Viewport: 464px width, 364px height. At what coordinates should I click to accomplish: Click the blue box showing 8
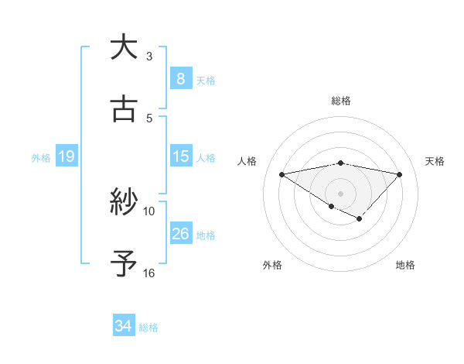click(x=180, y=79)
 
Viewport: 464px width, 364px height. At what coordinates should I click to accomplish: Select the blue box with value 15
click(x=180, y=156)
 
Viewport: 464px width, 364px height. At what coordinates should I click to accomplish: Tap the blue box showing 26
click(x=180, y=234)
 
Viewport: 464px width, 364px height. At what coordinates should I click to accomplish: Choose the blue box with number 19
click(x=66, y=156)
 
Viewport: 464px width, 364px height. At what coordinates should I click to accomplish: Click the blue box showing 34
click(x=123, y=326)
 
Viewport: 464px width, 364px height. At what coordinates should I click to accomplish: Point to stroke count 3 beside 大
click(x=149, y=57)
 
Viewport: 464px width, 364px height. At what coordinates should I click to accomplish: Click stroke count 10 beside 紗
click(x=149, y=211)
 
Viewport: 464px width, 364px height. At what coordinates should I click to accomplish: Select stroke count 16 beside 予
click(x=149, y=273)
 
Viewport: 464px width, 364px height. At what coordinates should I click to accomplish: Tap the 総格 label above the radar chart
click(x=340, y=101)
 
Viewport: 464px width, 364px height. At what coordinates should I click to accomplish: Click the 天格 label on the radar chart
click(x=435, y=161)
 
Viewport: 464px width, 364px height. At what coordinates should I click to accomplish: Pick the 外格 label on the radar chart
click(x=272, y=265)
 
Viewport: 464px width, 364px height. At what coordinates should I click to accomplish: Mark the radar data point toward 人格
click(x=282, y=173)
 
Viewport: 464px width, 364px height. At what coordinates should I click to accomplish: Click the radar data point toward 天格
click(x=399, y=174)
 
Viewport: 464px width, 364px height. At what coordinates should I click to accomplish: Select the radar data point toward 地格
click(x=359, y=219)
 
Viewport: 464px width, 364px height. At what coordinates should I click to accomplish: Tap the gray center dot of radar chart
click(x=340, y=193)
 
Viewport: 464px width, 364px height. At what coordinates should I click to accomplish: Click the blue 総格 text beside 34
click(x=148, y=328)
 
